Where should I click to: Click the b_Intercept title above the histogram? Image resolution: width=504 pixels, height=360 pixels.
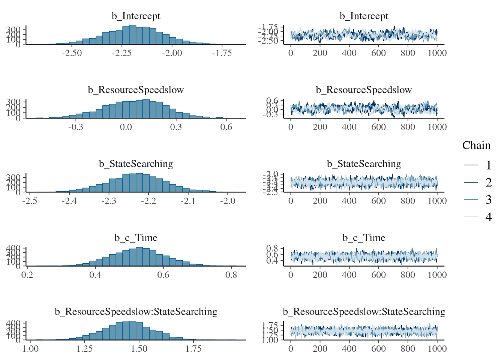136,16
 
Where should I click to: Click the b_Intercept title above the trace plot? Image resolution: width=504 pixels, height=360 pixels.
364,16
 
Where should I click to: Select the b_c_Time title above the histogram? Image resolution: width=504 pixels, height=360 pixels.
136,238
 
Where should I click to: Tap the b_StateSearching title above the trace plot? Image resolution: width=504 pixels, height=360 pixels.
364,164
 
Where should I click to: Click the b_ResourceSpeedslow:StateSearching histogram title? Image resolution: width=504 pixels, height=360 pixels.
136,312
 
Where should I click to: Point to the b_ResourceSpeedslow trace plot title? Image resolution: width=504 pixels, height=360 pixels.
364,90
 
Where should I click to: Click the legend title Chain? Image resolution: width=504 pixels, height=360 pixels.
476,145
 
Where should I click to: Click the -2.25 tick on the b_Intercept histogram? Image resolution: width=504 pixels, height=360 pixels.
121,53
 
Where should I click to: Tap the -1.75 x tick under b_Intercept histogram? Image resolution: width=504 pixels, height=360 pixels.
222,53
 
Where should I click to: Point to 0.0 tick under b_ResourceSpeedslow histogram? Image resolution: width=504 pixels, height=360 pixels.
126,127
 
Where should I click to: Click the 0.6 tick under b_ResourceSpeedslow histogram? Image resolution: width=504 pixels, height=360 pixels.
226,127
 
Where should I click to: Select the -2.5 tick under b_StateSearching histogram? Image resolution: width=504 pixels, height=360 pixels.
30,201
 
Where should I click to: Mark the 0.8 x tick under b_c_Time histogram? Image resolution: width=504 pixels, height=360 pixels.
231,275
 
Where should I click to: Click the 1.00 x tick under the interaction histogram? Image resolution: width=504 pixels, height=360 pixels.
30,349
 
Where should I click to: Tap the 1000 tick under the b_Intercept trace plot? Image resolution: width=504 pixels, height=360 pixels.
437,53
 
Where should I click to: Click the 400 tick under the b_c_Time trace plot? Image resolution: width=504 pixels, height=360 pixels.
349,275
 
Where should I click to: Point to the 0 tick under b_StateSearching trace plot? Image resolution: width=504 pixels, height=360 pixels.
291,201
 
